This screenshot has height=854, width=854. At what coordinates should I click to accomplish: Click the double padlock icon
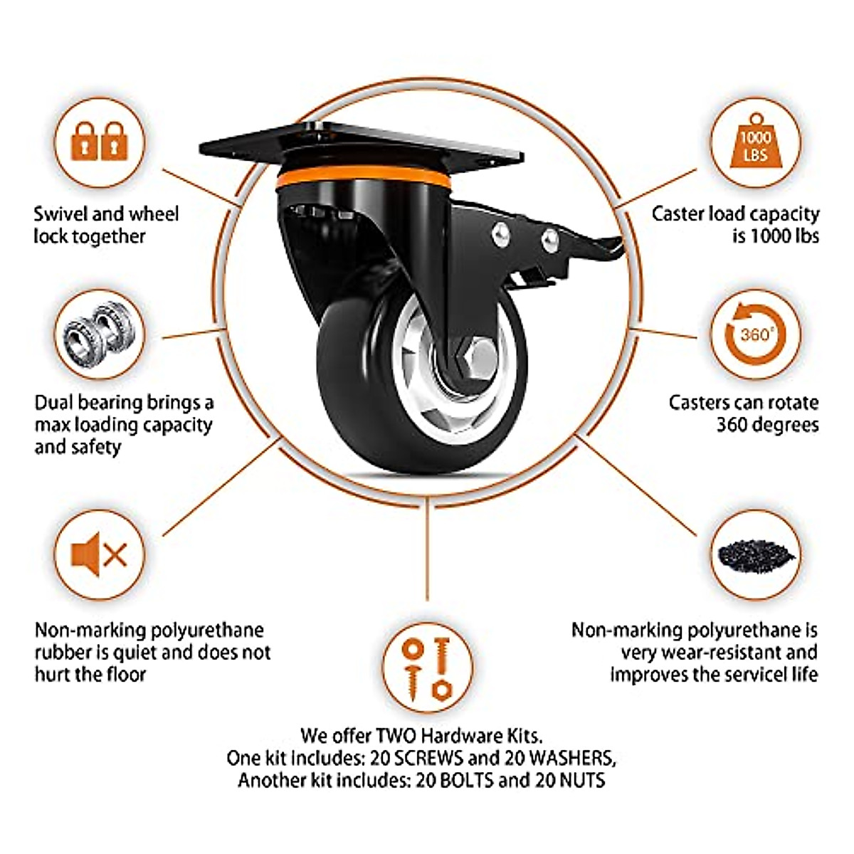[100, 142]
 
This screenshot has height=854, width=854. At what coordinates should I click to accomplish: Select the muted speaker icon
[100, 554]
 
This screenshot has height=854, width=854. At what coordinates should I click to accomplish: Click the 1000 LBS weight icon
[755, 143]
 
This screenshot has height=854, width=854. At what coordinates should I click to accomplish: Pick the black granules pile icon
[755, 554]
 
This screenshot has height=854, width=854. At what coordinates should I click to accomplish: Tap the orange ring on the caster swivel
[363, 177]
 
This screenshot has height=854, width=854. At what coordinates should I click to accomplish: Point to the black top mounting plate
[363, 146]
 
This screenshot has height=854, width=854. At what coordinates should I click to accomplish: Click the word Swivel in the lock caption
[63, 214]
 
